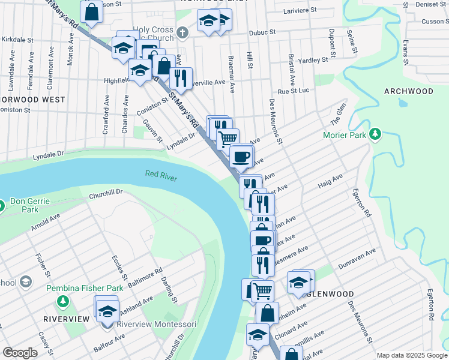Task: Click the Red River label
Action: [x=161, y=174]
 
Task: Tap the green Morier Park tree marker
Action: [x=376, y=133]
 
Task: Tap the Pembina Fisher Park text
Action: [x=85, y=289]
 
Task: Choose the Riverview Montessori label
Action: [x=156, y=325]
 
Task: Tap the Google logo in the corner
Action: [x=20, y=353]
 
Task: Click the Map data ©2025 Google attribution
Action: [x=412, y=355]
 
